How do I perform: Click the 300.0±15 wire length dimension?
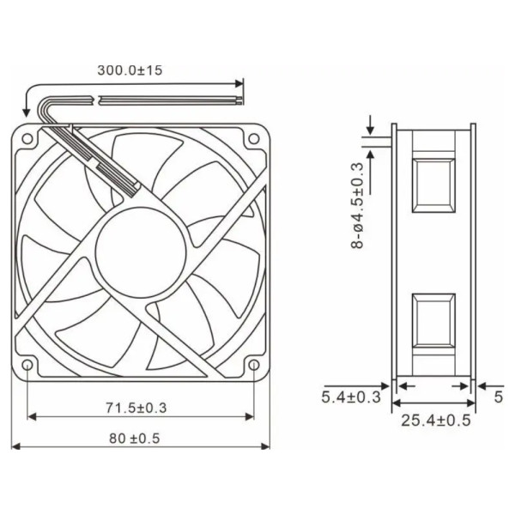pos(130,70)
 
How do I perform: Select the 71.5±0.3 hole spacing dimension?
pos(136,408)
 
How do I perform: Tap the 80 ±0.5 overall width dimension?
pos(135,438)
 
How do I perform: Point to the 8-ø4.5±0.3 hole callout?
pos(358,206)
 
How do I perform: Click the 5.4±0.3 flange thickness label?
pos(351,397)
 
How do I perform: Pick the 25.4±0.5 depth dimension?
pos(436,421)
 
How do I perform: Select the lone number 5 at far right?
pos(499,397)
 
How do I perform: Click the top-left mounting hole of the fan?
pos(27,138)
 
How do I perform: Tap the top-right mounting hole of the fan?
pos(253,138)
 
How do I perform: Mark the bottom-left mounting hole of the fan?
pos(27,365)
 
